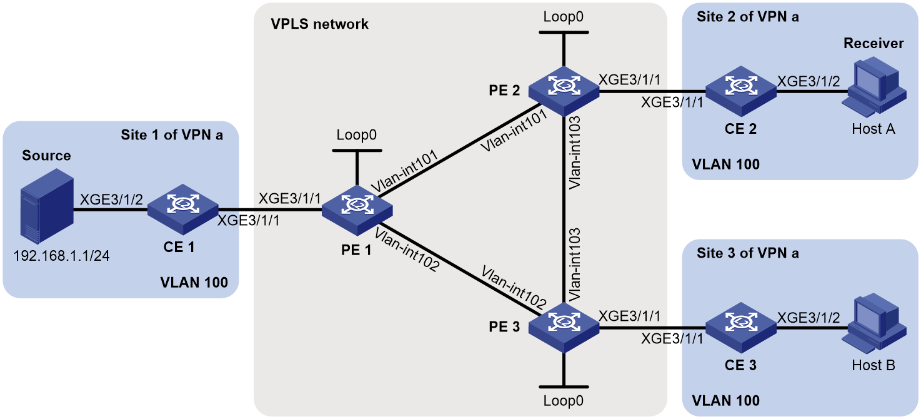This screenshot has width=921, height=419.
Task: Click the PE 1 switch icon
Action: click(357, 210)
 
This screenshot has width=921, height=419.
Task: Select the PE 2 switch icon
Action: click(564, 91)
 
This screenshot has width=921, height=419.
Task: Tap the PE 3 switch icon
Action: click(564, 327)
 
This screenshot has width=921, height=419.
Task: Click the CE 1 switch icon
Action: click(182, 209)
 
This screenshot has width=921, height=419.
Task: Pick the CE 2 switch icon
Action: click(741, 91)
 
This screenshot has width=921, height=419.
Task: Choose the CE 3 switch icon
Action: click(741, 327)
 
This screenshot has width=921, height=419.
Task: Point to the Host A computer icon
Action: click(874, 87)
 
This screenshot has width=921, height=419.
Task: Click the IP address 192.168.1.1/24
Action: click(62, 256)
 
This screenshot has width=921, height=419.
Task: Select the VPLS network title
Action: click(319, 24)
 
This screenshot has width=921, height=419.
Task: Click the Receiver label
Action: click(874, 43)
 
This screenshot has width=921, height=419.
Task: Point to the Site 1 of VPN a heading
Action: click(172, 134)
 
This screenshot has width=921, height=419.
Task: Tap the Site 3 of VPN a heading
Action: click(747, 253)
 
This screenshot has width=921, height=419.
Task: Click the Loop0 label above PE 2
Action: click(564, 16)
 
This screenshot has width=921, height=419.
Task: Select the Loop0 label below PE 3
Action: click(564, 400)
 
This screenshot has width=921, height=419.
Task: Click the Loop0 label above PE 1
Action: click(357, 134)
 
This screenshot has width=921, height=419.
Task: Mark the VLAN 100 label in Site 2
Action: click(725, 164)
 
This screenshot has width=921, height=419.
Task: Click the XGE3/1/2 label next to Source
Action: click(111, 199)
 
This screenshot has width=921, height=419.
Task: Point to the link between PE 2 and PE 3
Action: click(564, 209)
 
